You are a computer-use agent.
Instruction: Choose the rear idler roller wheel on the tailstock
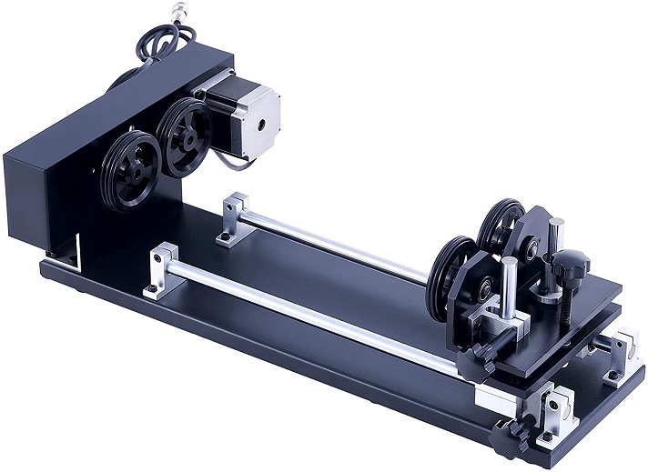coord(500,227)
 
